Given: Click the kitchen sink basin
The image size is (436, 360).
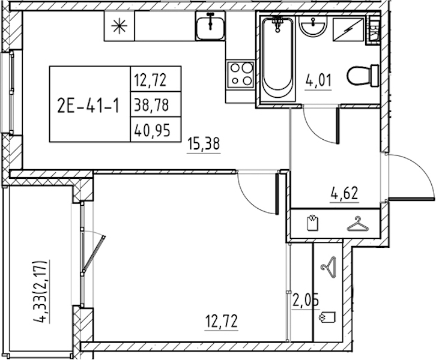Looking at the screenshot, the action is click(x=210, y=26).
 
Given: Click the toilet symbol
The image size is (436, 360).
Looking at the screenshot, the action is click(x=363, y=75).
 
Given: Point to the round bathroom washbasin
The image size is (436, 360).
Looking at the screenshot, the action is click(x=313, y=26).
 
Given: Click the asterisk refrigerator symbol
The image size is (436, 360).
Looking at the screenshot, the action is click(x=119, y=26).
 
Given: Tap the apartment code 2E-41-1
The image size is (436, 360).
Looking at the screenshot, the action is click(x=88, y=106).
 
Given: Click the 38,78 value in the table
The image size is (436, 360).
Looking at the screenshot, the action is click(x=151, y=105).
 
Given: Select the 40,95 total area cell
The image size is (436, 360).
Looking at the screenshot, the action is click(x=152, y=130).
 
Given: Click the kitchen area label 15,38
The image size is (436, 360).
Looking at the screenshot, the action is click(x=204, y=144).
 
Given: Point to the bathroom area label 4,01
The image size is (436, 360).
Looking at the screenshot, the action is click(x=318, y=81).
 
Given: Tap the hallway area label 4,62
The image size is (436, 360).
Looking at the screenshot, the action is click(x=344, y=193).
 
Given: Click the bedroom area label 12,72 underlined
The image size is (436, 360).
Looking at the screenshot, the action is click(x=222, y=321).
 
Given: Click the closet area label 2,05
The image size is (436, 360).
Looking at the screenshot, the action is click(x=305, y=301).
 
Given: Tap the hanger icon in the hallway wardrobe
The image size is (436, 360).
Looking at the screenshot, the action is click(x=358, y=224).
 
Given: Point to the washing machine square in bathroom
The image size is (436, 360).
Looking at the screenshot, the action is click(x=349, y=30).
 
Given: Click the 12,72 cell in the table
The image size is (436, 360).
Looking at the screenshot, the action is click(x=150, y=80).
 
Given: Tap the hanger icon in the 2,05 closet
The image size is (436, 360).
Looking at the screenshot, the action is click(x=329, y=267).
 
